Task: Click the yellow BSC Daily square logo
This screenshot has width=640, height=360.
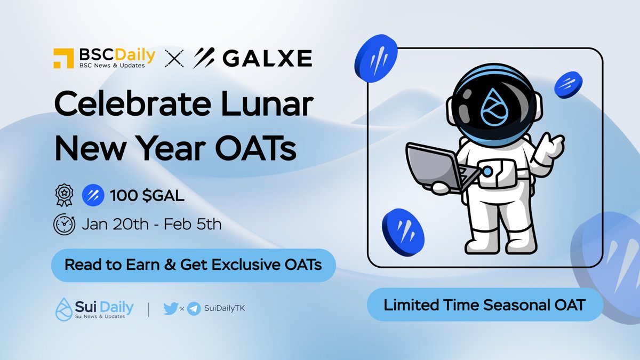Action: (x=63, y=58)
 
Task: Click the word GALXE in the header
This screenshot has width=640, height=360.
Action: (x=267, y=58)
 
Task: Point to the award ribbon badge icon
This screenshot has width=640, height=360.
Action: (x=63, y=196)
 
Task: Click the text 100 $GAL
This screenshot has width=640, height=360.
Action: (x=147, y=196)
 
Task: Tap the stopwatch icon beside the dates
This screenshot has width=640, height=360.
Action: (x=64, y=224)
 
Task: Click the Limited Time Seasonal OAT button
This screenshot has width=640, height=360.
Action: (x=484, y=305)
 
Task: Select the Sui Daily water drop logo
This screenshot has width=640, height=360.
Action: (x=63, y=308)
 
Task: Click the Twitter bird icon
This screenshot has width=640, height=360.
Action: (x=170, y=308)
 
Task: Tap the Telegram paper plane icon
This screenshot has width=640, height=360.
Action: (x=194, y=308)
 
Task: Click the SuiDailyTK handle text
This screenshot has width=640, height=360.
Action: (x=224, y=308)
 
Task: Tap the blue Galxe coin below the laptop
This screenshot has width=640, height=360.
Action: (x=403, y=230)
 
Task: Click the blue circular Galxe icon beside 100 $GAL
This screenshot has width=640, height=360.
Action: (x=93, y=196)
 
